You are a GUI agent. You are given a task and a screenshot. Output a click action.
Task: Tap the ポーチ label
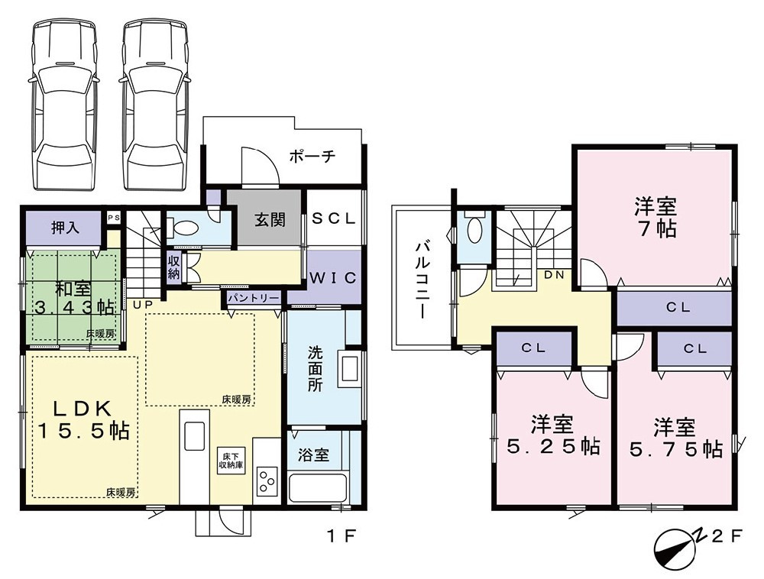pyautogui.click(x=312, y=157)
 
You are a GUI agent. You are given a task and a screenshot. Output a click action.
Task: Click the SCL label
pyautogui.click(x=334, y=218)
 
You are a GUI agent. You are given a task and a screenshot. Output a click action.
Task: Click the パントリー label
pyautogui.click(x=252, y=298)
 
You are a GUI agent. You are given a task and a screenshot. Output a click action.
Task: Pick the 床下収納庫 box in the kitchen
pyautogui.click(x=230, y=458)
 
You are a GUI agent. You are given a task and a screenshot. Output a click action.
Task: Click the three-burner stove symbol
pyautogui.click(x=267, y=480)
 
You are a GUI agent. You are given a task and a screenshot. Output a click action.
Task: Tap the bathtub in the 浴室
pyautogui.click(x=318, y=487)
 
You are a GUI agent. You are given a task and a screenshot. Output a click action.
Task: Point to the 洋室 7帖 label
pyautogui.click(x=655, y=218)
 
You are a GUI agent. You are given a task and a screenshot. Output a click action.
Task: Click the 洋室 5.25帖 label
pyautogui.click(x=554, y=435)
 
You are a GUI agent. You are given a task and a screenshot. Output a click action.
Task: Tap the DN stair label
pyautogui.click(x=555, y=274)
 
